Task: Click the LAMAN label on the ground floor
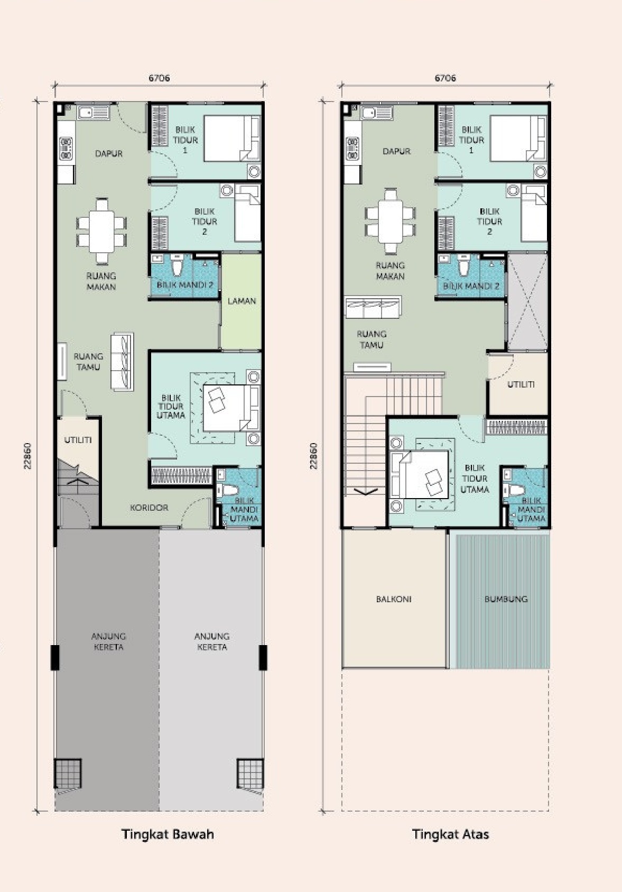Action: pyautogui.click(x=242, y=301)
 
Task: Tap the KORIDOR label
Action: pyautogui.click(x=149, y=508)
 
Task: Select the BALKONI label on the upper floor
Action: pyautogui.click(x=394, y=599)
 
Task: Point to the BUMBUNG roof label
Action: pyautogui.click(x=506, y=599)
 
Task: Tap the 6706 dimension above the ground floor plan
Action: pyautogui.click(x=159, y=78)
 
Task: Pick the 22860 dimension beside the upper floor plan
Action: pyautogui.click(x=313, y=456)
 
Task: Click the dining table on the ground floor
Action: pyautogui.click(x=102, y=232)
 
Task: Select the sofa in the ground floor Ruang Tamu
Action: pyautogui.click(x=122, y=362)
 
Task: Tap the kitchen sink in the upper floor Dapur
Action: pyautogui.click(x=376, y=113)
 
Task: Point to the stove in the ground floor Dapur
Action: pyautogui.click(x=66, y=149)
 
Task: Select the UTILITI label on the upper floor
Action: pyautogui.click(x=521, y=384)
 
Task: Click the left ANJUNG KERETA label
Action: pyautogui.click(x=108, y=641)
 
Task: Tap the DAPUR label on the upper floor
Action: pyautogui.click(x=396, y=151)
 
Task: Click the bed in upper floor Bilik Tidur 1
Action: pyautogui.click(x=518, y=138)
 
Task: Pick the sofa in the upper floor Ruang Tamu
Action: pyautogui.click(x=373, y=307)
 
